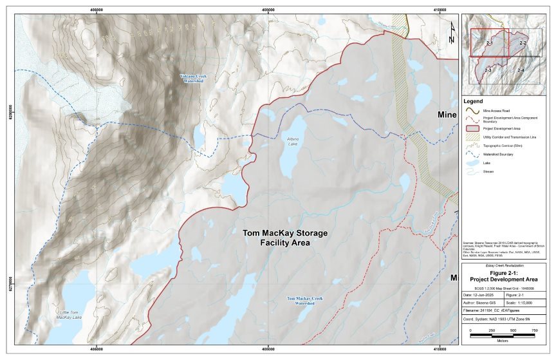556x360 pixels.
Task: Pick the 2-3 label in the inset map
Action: click(x=488, y=69)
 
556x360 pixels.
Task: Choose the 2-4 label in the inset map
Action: click(x=520, y=69)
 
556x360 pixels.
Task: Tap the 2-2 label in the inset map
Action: click(x=523, y=43)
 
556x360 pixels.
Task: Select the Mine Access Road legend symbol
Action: click(x=471, y=111)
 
